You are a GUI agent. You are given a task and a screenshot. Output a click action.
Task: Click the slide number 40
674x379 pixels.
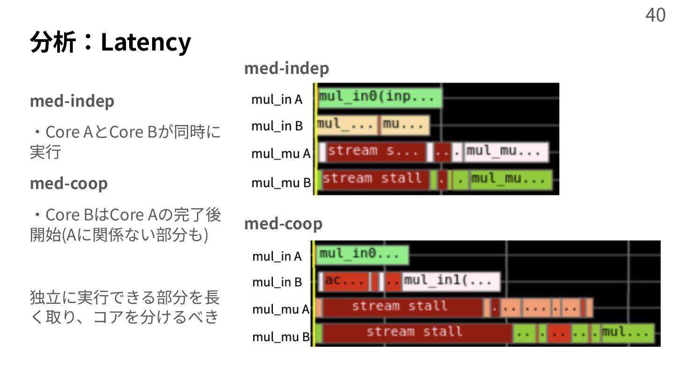655,15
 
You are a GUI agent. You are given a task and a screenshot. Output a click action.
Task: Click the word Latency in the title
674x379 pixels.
146,42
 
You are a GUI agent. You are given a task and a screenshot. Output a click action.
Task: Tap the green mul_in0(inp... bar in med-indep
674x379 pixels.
380,98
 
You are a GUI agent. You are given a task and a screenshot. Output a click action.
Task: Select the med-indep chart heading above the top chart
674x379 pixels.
286,68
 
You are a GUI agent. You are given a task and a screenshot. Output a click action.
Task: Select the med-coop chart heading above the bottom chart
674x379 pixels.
283,224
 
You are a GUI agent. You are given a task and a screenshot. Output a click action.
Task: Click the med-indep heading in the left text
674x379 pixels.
72,101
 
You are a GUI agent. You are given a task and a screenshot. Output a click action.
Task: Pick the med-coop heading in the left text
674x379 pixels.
69,183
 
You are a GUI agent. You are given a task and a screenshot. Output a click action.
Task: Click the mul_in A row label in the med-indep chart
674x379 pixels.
277,99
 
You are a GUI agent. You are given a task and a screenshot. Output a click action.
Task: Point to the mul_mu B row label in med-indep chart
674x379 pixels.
281,182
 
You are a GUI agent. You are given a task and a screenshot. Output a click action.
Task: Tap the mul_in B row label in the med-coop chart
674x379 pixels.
277,282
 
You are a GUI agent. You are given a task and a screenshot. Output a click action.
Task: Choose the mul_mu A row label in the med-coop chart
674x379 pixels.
281,309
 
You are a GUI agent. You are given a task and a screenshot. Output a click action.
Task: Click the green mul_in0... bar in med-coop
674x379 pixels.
362,255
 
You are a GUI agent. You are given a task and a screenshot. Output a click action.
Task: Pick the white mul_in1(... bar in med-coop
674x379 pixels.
451,282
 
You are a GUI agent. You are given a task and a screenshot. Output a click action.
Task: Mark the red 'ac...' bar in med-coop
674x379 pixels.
346,282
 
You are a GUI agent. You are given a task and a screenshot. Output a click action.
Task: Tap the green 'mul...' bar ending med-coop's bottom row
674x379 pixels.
627,333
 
